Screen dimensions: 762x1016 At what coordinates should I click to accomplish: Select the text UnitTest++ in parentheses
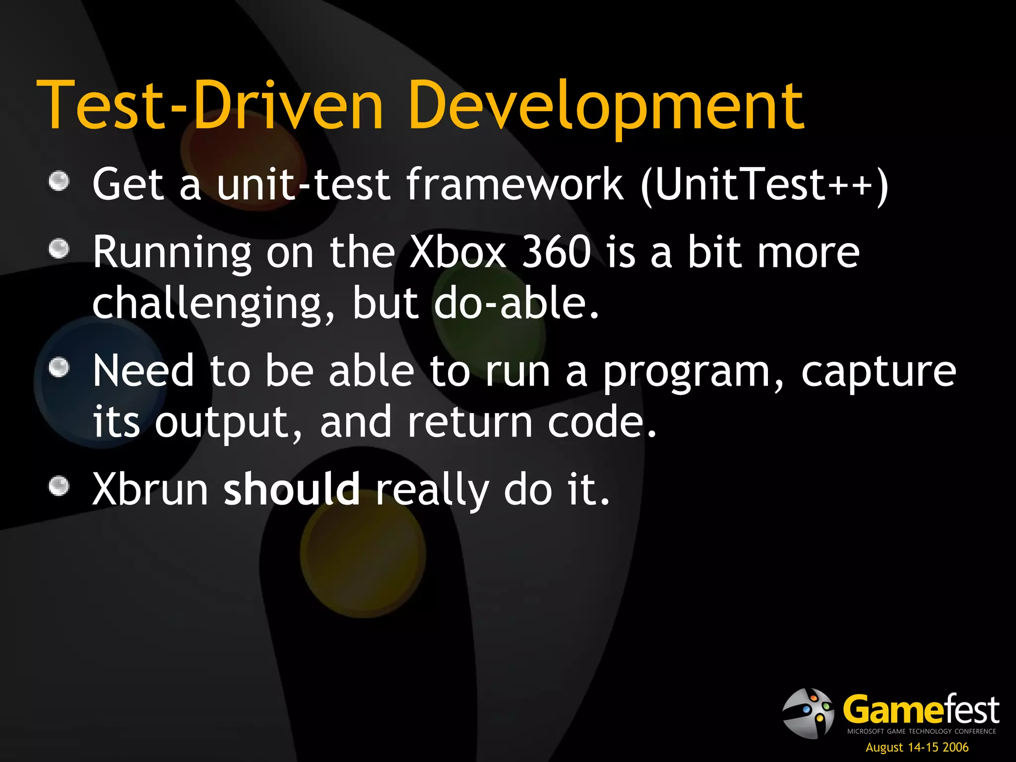click(764, 185)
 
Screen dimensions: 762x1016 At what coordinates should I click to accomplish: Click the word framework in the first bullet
click(514, 185)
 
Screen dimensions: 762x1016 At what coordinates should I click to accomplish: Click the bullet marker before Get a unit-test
click(59, 181)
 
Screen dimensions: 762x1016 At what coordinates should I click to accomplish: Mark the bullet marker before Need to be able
click(59, 368)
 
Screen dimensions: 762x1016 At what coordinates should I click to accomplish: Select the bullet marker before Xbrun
click(59, 486)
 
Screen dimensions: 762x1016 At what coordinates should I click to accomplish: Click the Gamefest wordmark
click(921, 710)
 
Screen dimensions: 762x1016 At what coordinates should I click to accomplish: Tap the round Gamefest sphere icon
click(808, 713)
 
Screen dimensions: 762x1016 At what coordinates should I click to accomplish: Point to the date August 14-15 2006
click(917, 747)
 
